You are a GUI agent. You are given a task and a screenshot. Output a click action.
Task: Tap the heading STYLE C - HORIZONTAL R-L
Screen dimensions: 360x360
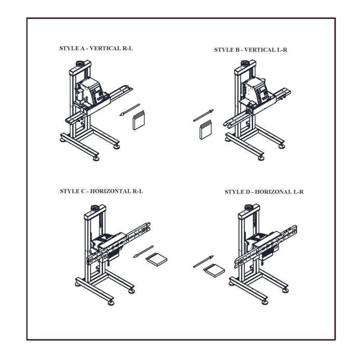click(x=101, y=191)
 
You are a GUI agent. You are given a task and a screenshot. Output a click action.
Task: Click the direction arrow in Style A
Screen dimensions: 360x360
click(x=129, y=110)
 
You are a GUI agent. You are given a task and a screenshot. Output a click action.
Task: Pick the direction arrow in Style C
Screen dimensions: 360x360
click(x=143, y=251)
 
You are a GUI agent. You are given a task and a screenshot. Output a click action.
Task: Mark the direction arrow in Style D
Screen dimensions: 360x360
click(x=203, y=261)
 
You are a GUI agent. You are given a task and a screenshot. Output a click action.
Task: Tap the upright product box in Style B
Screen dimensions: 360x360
click(x=206, y=130)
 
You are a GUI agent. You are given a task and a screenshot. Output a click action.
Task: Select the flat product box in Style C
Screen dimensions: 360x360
click(x=156, y=260)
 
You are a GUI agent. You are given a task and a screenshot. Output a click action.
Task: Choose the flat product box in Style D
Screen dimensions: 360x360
click(x=214, y=270)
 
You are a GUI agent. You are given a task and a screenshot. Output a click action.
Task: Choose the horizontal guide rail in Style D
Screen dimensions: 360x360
click(x=265, y=244)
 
